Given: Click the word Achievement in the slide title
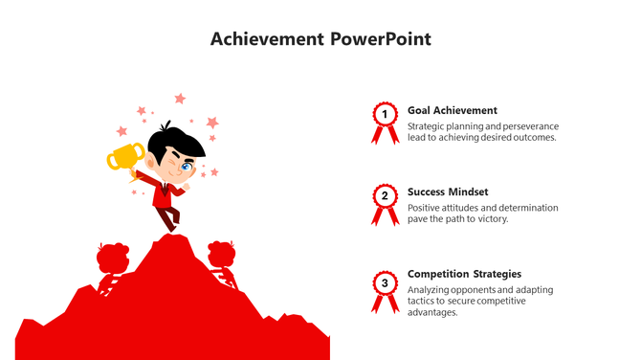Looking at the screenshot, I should coord(267,39).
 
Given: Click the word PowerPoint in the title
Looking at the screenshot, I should coord(381,39).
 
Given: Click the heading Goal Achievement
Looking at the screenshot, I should coord(452,110).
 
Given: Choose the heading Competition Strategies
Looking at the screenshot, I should coord(464,274).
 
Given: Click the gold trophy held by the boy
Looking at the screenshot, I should coord(125,156).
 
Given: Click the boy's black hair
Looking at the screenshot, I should coord(182,144).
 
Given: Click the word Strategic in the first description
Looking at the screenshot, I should coord(428,126).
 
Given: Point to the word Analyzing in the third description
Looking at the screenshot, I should coord(432,290).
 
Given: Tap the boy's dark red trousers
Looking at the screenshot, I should coord(169,218).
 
